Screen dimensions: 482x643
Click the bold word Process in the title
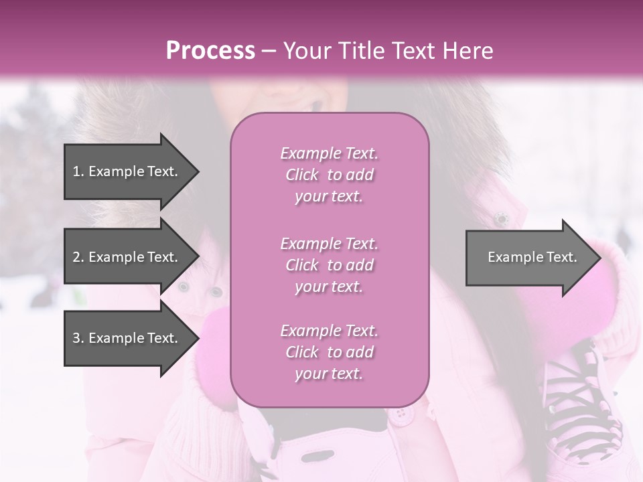[210, 51]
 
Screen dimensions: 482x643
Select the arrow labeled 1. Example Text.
[127, 171]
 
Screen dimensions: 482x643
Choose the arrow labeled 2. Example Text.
[127, 257]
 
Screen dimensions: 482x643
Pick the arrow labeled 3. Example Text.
[127, 338]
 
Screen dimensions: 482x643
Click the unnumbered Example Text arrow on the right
[529, 257]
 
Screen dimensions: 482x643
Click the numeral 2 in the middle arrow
[76, 257]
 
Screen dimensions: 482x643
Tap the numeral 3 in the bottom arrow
[76, 338]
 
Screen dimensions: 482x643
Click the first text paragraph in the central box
[329, 175]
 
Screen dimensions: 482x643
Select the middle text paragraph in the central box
[329, 265]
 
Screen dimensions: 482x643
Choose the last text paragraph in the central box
[329, 352]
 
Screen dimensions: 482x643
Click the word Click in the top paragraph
[302, 175]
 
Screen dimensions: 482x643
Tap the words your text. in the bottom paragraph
[329, 374]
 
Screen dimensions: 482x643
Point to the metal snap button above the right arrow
[500, 218]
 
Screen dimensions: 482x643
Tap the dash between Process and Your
[269, 51]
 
